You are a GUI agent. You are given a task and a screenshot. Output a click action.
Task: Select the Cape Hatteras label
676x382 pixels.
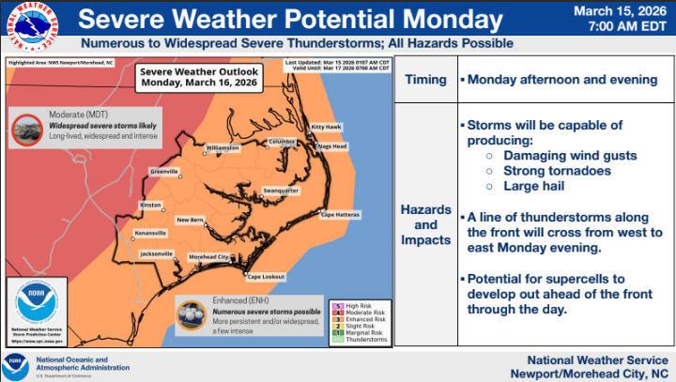click(x=340, y=215)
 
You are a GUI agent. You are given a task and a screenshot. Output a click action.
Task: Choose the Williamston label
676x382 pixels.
click(x=223, y=147)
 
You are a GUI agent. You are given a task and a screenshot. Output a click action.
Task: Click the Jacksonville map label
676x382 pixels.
click(x=156, y=253)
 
